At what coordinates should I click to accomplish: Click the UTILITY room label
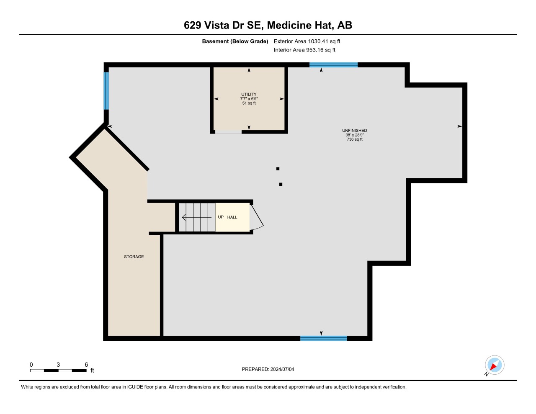pos(249,94)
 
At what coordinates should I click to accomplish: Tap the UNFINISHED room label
pos(354,131)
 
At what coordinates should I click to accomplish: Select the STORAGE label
pos(134,257)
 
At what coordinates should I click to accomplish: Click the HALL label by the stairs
pos(232,217)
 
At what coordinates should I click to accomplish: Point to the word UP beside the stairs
pos(221,217)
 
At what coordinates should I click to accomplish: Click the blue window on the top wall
pos(333,65)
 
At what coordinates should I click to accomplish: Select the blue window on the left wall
pos(106,91)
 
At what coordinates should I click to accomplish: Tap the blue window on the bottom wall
pos(324,338)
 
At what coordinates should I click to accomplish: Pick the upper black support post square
pos(278,169)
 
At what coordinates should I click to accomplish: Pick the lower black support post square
pos(281,184)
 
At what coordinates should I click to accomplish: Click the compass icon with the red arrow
pos(495,365)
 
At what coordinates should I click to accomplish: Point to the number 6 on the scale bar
pos(86,365)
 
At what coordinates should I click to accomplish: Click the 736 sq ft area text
pos(355,139)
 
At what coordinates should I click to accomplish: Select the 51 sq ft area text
pos(249,103)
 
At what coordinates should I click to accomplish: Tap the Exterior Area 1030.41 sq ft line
pos(307,41)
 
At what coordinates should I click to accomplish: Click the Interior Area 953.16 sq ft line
pos(304,50)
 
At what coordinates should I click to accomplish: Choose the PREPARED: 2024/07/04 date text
pos(268,369)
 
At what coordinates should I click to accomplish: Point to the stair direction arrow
pos(196,217)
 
